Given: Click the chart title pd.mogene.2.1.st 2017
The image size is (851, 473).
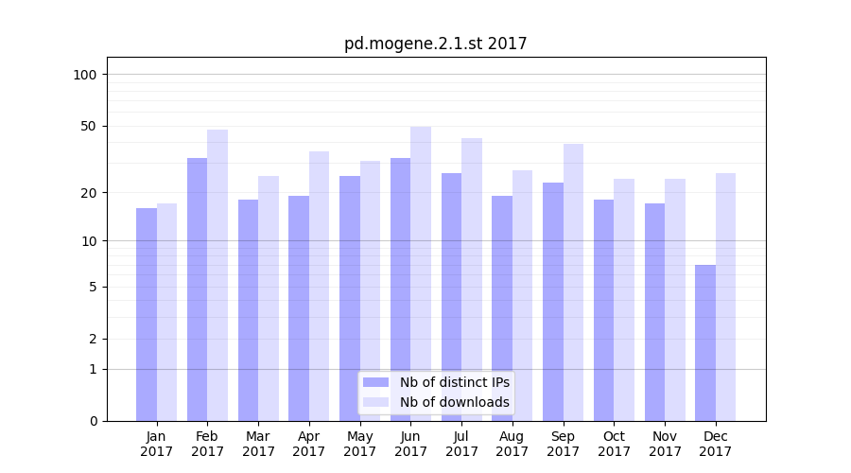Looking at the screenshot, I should (x=435, y=44).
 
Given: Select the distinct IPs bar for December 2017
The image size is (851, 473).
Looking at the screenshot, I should (x=705, y=342).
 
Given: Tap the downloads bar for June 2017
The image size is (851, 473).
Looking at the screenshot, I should (x=421, y=273).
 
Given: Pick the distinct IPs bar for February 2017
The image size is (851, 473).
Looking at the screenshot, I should (x=198, y=289).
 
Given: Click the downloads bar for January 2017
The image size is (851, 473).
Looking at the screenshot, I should (x=167, y=312).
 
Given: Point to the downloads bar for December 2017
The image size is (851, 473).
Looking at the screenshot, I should (x=726, y=297).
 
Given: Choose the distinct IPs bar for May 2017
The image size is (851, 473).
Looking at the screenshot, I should (x=350, y=298).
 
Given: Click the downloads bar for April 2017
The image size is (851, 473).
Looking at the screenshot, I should (x=320, y=286).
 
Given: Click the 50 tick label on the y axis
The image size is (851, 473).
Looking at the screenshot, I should (x=89, y=126).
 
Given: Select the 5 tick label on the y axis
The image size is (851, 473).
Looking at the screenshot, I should (x=93, y=287).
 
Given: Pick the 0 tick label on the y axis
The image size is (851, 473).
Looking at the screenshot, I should (x=93, y=421).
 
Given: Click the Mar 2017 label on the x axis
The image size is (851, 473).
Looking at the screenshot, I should (x=258, y=444).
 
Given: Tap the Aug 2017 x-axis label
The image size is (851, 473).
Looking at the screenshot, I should (x=512, y=444).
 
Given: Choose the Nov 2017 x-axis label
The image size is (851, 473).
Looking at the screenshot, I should (x=665, y=444).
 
